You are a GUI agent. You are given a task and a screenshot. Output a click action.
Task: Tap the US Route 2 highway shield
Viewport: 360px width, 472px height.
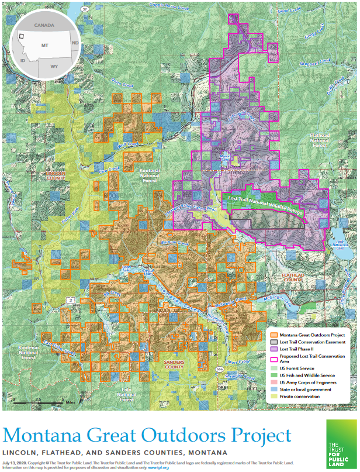(x=70, y=300)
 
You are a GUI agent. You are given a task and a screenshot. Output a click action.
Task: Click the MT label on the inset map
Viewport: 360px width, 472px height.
(x=44, y=44)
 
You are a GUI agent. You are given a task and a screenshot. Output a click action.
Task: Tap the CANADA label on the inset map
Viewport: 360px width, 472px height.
(x=44, y=26)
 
